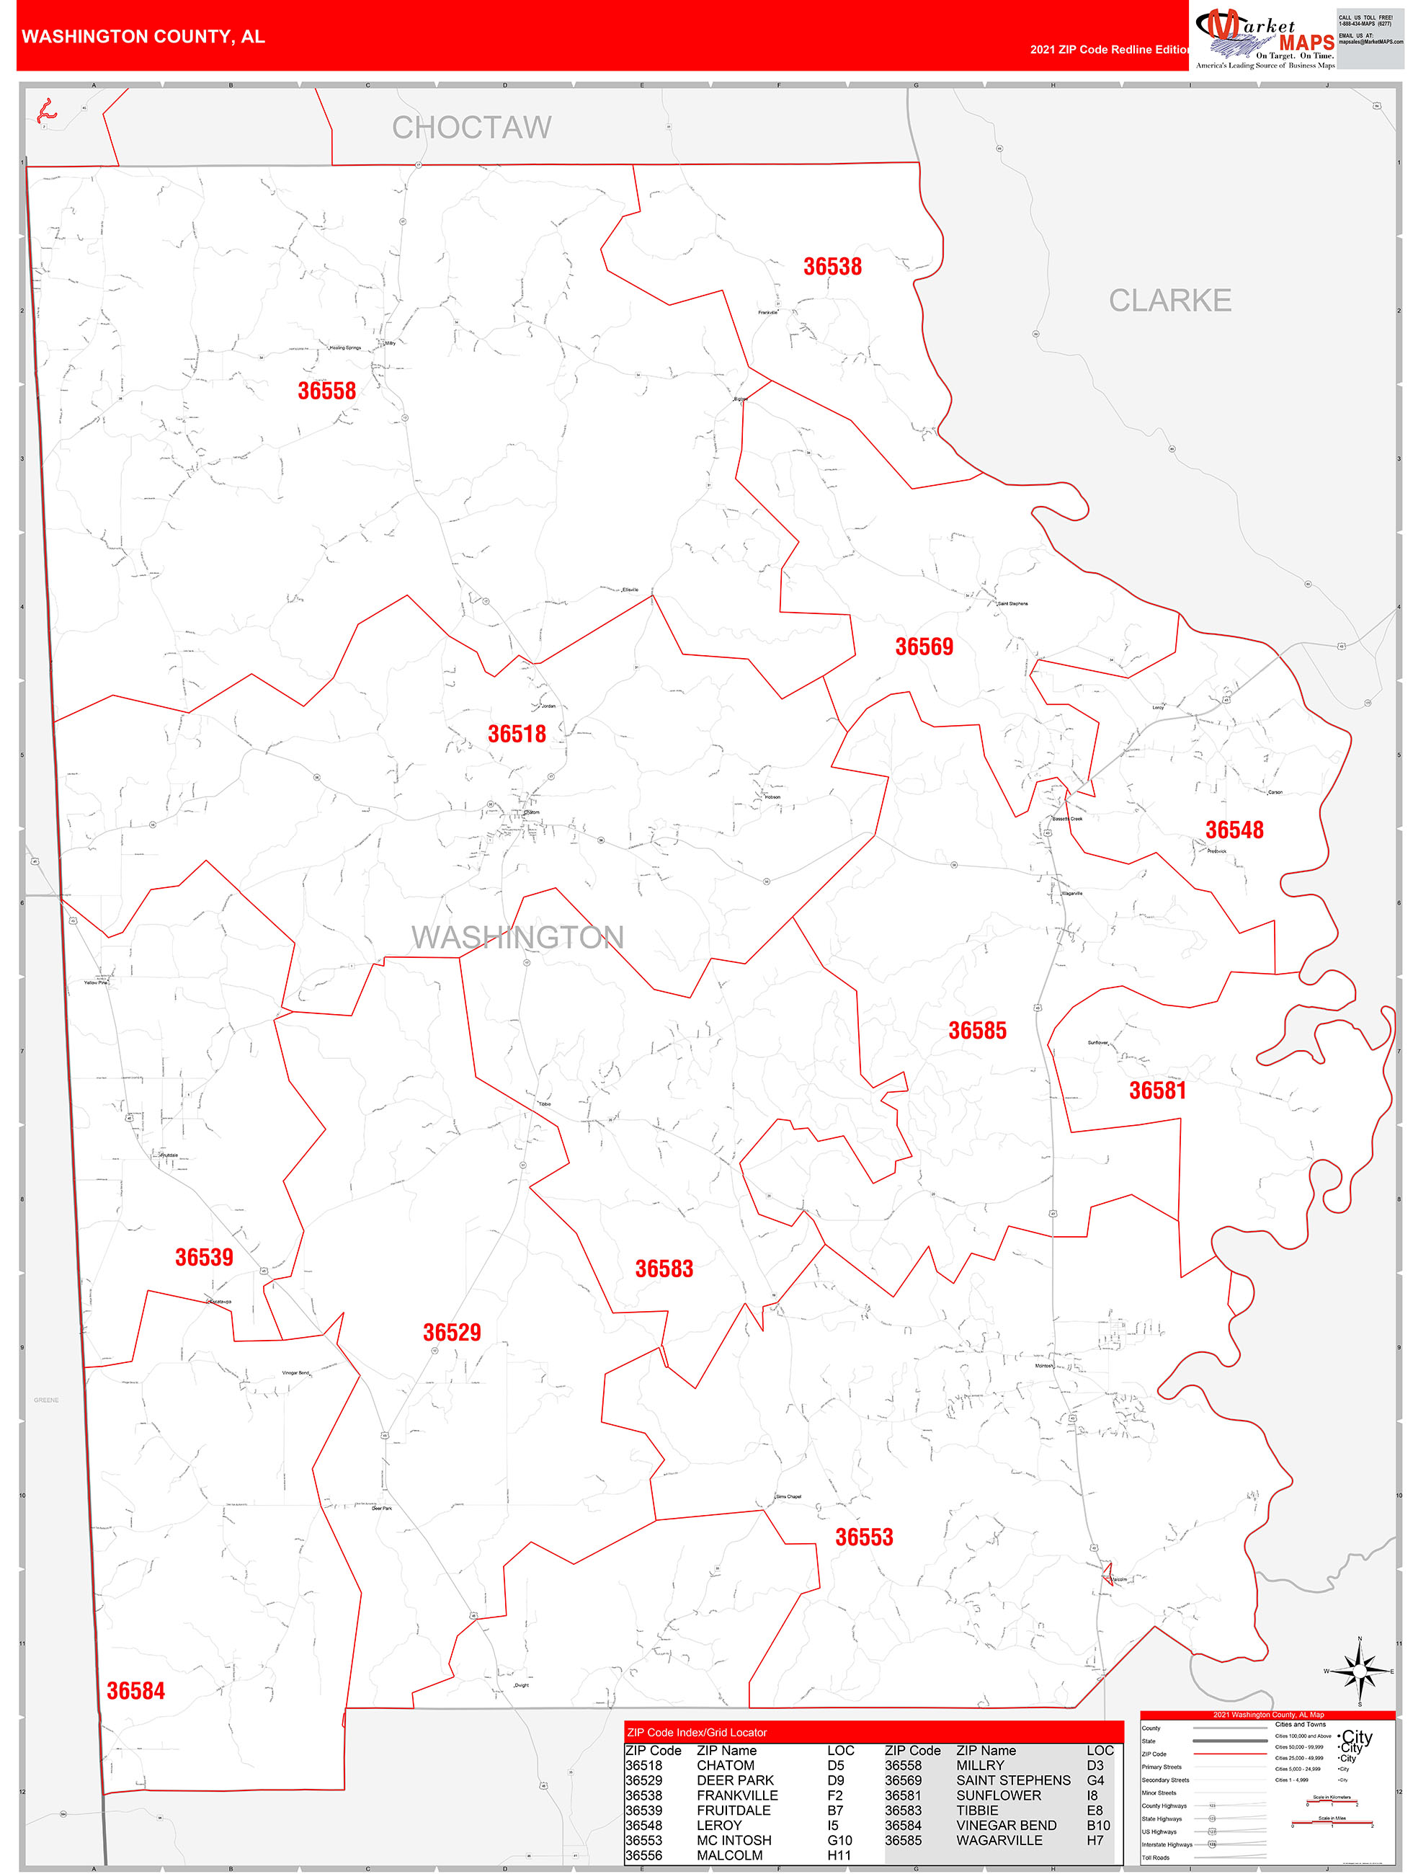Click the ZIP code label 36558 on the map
(326, 391)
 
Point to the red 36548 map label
(1234, 830)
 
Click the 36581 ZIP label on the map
(1157, 1091)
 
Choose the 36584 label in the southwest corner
(135, 1691)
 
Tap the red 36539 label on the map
(203, 1257)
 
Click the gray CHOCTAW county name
(471, 128)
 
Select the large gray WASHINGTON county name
(517, 937)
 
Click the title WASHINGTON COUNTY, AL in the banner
(143, 37)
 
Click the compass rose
(1359, 1671)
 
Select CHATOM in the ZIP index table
(725, 1766)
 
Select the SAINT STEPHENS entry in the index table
(1012, 1781)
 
